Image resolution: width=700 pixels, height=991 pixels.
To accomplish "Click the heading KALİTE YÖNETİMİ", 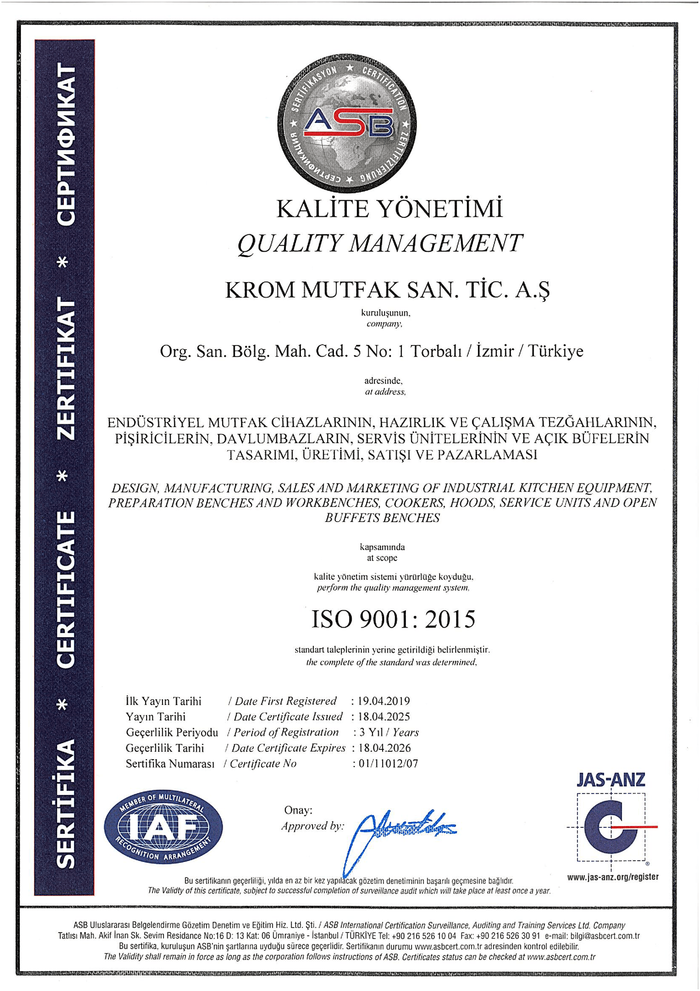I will click(389, 209).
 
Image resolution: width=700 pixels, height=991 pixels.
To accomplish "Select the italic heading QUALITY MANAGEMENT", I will click(380, 243).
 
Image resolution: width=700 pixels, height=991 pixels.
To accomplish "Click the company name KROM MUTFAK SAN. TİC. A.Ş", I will click(387, 290).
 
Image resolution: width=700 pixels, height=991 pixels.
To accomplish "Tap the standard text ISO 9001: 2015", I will click(393, 619).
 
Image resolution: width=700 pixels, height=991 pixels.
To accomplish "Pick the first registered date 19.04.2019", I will click(384, 701).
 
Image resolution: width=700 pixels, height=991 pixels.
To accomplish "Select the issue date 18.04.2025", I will click(384, 717).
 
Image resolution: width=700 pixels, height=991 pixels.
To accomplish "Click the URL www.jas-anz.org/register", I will click(612, 877).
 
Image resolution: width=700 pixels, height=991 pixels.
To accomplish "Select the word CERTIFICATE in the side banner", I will click(66, 590).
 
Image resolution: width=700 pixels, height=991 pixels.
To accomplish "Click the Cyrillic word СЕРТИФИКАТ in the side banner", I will click(66, 145).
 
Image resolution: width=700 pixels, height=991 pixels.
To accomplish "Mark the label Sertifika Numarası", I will click(170, 764).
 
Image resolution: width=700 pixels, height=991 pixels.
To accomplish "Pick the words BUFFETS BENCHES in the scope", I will click(382, 518).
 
